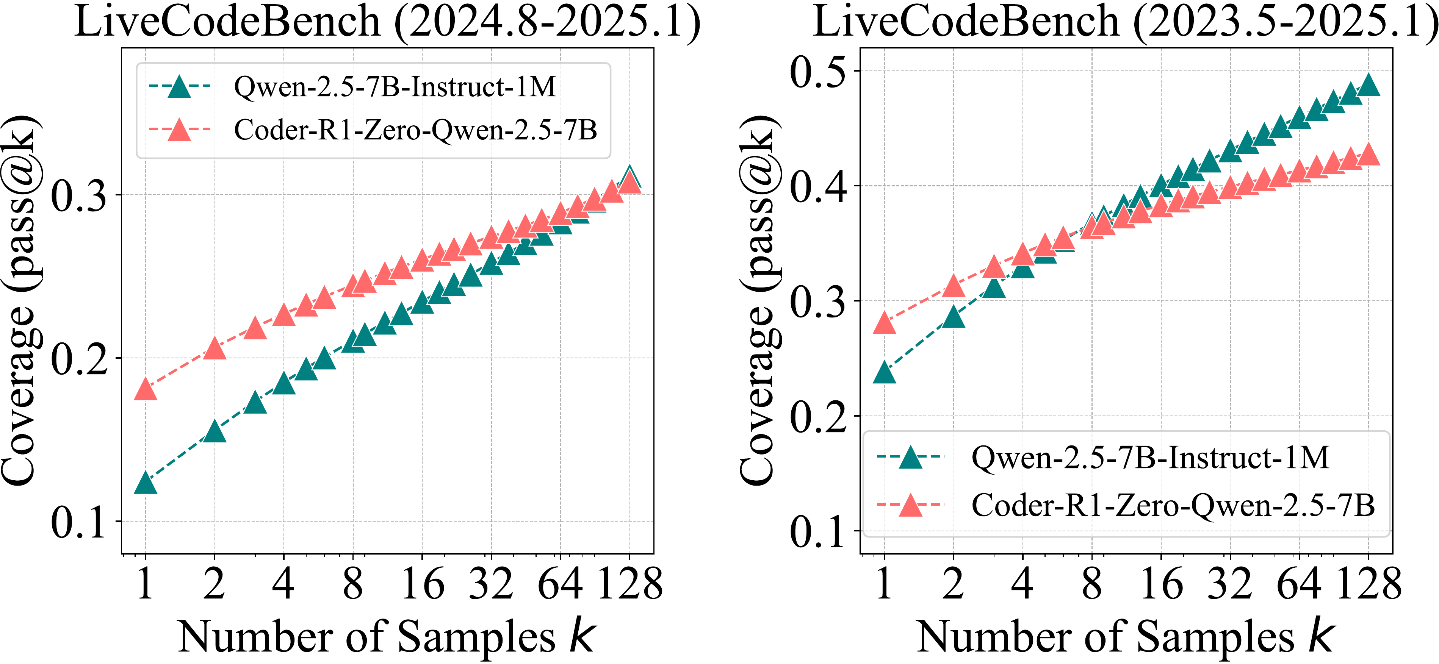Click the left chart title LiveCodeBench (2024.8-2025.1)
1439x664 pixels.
tap(387, 22)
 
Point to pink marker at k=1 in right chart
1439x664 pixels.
tap(884, 323)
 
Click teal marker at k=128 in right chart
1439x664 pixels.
tap(1369, 86)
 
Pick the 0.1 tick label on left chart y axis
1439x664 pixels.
tap(78, 523)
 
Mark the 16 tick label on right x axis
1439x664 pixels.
tap(1161, 584)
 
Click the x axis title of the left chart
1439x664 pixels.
tap(387, 637)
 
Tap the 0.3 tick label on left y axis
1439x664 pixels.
tap(78, 196)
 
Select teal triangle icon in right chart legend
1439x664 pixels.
tap(911, 458)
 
